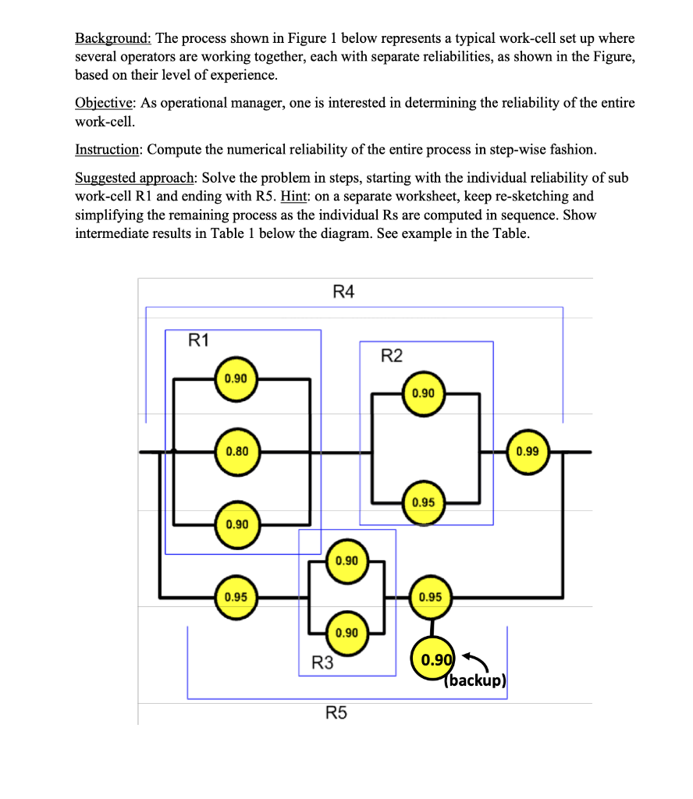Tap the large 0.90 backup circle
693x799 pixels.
(x=435, y=660)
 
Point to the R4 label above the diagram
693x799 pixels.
(x=343, y=292)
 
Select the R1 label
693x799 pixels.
(x=199, y=339)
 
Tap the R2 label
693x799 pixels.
(x=392, y=357)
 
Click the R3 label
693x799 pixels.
(x=322, y=664)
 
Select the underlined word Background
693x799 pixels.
(x=112, y=37)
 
